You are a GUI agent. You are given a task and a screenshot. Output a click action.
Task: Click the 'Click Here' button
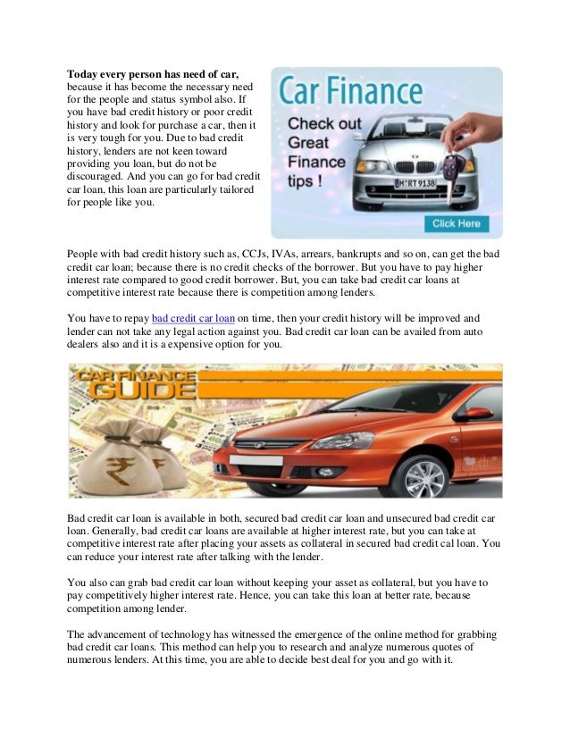pos(456,223)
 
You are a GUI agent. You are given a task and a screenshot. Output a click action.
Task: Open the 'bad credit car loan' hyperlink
pos(194,317)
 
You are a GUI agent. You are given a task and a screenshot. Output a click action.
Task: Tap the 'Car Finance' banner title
pos(349,92)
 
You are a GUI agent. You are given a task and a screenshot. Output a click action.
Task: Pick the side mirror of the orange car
pos(472,414)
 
